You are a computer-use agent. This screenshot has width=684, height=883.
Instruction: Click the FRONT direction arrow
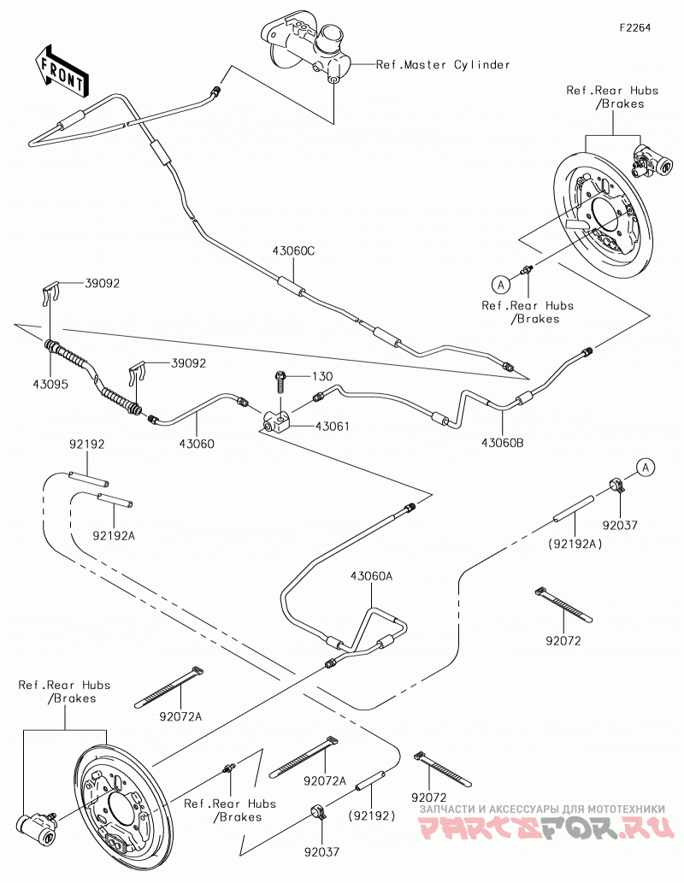coord(61,70)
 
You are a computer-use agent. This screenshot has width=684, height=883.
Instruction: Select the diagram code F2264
coord(635,27)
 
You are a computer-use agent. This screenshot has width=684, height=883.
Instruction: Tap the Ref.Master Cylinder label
coord(443,65)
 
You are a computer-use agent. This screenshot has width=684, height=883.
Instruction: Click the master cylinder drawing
coord(310,49)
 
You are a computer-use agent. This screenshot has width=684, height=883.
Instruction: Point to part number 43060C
coord(293,251)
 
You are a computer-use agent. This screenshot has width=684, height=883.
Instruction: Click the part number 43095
coord(50,385)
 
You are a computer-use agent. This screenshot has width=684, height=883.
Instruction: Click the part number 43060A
coord(371,576)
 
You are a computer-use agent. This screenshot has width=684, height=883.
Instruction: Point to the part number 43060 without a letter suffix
coord(197,444)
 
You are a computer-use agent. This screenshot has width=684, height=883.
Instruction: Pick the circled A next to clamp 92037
coord(646,468)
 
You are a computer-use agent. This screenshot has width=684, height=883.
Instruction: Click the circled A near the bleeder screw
coord(500,285)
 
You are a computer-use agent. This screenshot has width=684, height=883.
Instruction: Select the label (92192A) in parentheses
coord(574,544)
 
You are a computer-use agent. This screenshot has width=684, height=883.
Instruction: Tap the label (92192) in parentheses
coord(371,815)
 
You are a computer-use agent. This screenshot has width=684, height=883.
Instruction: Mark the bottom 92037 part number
coord(321,852)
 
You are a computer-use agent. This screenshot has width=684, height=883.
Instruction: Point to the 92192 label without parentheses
coord(86,444)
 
